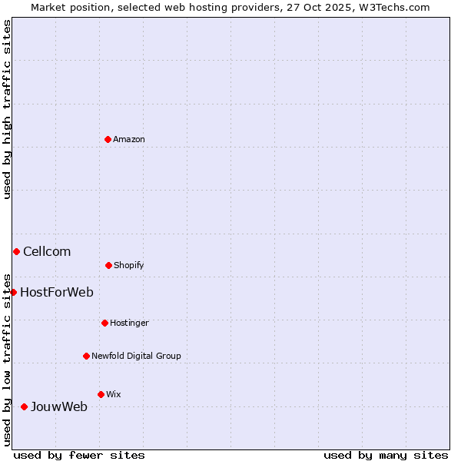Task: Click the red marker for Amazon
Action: tap(108, 139)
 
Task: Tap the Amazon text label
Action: tap(129, 140)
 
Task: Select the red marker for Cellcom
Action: tap(16, 251)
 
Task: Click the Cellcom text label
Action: tap(47, 252)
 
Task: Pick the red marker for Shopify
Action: tap(108, 265)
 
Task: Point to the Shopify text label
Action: tap(129, 266)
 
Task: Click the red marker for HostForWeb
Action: tap(13, 292)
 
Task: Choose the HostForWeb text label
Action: tap(57, 293)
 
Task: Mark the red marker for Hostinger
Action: tap(104, 323)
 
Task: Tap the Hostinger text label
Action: tap(129, 323)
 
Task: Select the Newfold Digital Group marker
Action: tap(86, 356)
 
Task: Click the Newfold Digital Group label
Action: tap(136, 357)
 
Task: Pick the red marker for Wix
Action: tap(101, 394)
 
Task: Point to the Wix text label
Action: tap(114, 395)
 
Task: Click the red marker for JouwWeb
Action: tap(24, 406)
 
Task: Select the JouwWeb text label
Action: tap(59, 407)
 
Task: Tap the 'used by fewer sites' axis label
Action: tap(79, 456)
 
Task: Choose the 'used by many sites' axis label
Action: tap(386, 456)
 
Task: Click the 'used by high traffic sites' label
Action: tap(8, 109)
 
